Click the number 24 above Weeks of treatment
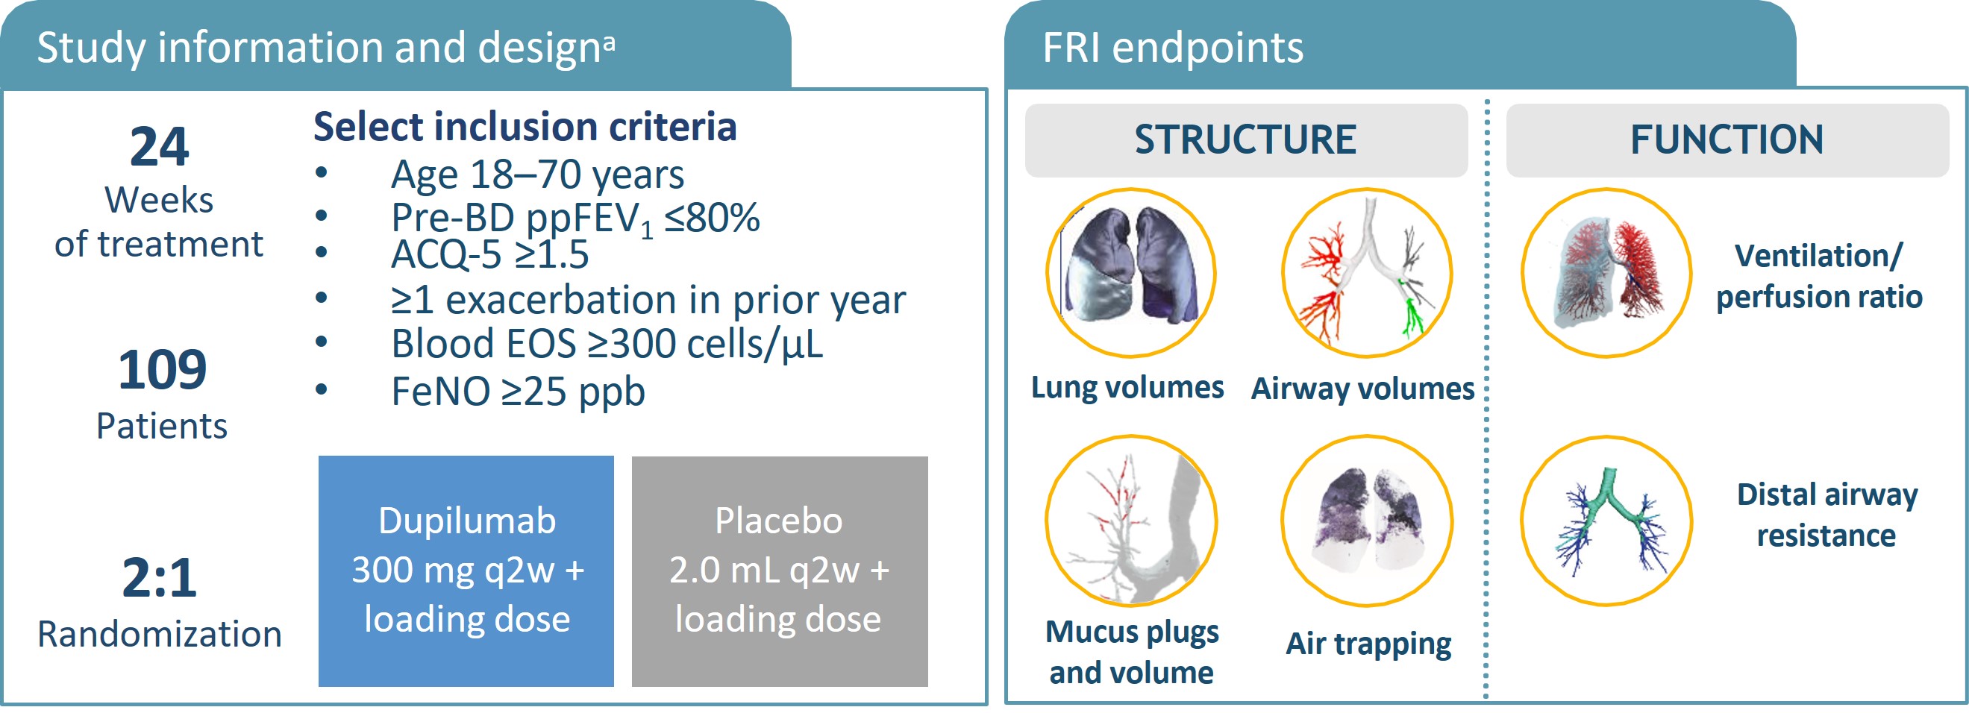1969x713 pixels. click(x=159, y=147)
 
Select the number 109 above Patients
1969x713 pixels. click(x=162, y=370)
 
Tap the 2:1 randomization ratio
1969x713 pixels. click(x=159, y=578)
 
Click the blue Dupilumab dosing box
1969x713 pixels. click(x=466, y=571)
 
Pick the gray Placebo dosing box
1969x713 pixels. click(x=780, y=571)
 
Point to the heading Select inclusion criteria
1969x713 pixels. click(x=525, y=127)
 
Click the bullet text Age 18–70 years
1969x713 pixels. click(x=537, y=175)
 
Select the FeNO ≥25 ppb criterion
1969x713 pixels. click(x=519, y=392)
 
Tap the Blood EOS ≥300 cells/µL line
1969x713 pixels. click(x=607, y=345)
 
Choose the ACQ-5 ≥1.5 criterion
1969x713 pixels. click(x=490, y=255)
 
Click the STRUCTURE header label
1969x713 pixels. click(x=1245, y=140)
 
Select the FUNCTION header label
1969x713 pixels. click(x=1727, y=140)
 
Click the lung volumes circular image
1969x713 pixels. click(x=1130, y=273)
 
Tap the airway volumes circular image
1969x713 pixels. click(x=1367, y=273)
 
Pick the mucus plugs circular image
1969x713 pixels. click(x=1131, y=521)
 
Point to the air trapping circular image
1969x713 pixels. click(x=1367, y=521)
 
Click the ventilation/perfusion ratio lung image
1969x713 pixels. click(x=1606, y=273)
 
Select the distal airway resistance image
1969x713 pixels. click(x=1606, y=521)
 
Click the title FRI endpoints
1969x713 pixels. click(x=1173, y=48)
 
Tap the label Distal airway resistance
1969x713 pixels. click(x=1826, y=515)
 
